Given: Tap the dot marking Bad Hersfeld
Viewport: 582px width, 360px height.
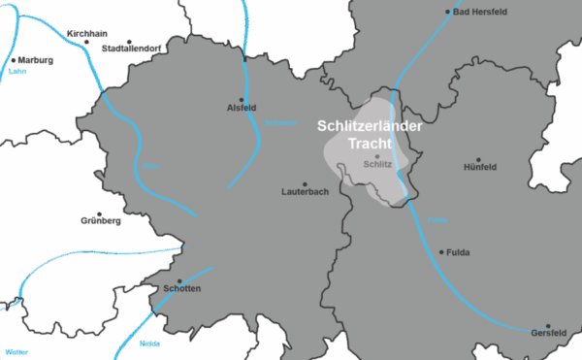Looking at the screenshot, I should [448, 13].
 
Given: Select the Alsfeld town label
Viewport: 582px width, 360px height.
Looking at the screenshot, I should [242, 107].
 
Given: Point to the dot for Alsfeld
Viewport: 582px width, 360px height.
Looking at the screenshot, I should [242, 97].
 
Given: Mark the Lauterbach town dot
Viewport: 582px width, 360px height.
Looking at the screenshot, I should [305, 184].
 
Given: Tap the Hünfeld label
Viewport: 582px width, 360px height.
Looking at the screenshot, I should [480, 167].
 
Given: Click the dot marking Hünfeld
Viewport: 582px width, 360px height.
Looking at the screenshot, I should [478, 159].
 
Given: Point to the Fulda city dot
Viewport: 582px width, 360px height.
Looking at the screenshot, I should [441, 252].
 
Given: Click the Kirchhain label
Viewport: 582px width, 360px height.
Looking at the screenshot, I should [84, 33].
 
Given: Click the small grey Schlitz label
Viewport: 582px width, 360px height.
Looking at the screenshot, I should [376, 165].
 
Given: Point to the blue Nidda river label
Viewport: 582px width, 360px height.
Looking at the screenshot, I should [149, 344].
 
